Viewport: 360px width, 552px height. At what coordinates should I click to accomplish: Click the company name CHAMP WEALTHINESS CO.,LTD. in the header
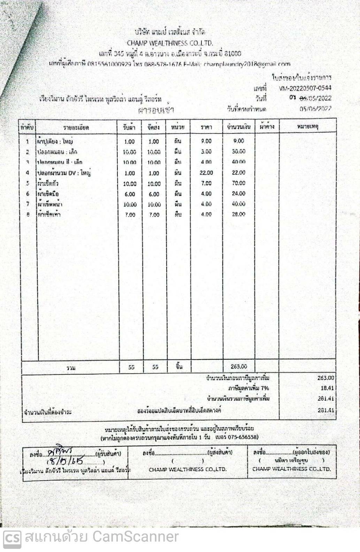tap(170, 43)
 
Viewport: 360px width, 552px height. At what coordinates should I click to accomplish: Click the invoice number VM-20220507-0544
tap(305, 88)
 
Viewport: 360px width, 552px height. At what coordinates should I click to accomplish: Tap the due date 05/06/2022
tap(315, 108)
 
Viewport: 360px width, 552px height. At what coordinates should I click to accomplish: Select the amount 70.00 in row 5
tap(238, 183)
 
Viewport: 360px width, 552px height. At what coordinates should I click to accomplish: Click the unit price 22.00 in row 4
tap(206, 173)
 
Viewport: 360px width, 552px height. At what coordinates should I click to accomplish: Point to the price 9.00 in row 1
tap(206, 141)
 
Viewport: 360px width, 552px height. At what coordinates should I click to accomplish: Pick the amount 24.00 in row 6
tap(238, 194)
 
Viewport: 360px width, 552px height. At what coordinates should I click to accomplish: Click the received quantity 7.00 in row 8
tap(130, 215)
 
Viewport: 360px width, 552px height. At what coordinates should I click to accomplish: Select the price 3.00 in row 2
tap(206, 152)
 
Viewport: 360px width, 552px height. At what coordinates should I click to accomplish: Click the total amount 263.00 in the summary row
tap(239, 366)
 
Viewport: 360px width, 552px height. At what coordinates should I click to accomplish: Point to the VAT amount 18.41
tap(327, 388)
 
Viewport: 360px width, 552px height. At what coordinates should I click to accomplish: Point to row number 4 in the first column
tap(27, 173)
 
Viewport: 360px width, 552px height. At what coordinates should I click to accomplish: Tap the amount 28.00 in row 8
tap(238, 214)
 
